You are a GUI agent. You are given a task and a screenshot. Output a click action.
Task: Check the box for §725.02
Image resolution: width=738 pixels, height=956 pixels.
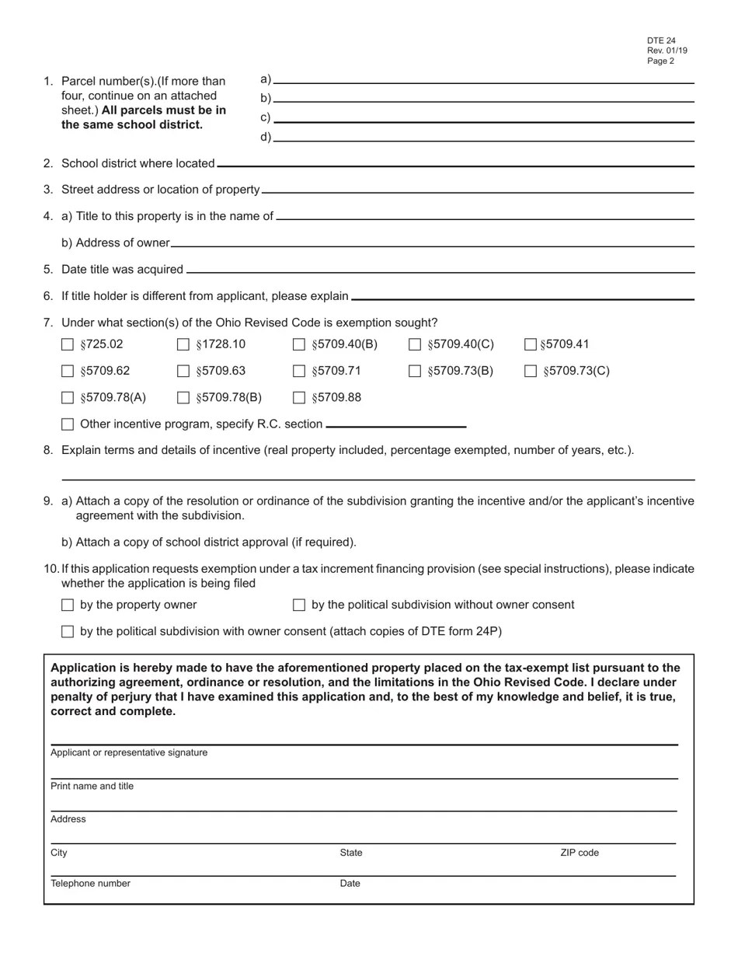coord(68,344)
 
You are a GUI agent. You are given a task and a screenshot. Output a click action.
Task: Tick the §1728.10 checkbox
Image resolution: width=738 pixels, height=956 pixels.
coord(183,344)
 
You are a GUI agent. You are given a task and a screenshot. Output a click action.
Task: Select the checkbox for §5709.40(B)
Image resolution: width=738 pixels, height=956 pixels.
coord(299,344)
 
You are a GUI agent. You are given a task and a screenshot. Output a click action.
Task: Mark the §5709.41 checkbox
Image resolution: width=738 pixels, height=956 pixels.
coord(531,344)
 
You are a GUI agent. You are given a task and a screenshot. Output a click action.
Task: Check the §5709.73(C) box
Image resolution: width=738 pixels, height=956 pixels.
coord(531,372)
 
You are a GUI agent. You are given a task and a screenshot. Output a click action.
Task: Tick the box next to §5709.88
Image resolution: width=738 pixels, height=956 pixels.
coord(299,398)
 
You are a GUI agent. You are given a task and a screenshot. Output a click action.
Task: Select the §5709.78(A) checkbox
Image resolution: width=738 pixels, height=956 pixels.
coord(68,398)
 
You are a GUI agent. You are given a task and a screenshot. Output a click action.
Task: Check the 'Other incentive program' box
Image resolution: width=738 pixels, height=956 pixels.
coord(68,424)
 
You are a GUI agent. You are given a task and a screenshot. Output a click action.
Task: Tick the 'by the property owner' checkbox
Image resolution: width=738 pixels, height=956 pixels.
coord(68,605)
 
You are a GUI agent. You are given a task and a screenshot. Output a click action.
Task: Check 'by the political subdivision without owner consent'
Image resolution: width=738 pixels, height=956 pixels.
coord(299,605)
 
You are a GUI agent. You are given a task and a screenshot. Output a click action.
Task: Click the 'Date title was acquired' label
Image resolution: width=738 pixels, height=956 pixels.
coord(122,270)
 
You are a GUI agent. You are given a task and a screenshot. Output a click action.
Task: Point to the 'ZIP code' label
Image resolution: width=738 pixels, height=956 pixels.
coord(580,853)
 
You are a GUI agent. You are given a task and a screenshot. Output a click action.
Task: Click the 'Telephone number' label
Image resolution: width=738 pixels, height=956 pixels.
coord(90,884)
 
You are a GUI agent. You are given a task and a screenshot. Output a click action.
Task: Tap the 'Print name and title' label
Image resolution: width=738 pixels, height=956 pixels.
coord(92,787)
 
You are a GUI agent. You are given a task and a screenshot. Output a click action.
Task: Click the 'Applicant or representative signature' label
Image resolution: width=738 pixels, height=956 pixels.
coord(129,752)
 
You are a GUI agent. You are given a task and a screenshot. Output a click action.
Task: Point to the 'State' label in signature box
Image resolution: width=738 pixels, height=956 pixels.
coord(351,853)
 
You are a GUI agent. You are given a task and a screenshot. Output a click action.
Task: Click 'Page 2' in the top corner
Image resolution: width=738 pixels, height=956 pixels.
coord(660,61)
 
